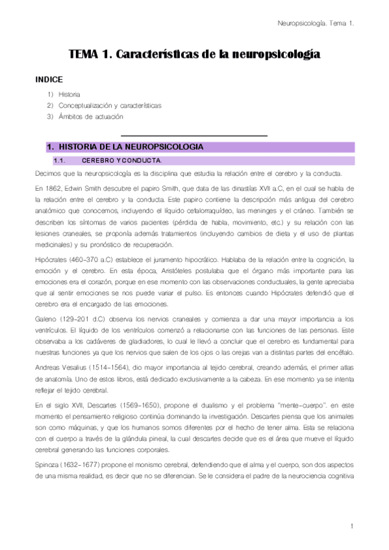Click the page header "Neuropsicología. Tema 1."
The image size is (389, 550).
click(315, 23)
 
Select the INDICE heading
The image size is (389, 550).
click(48, 80)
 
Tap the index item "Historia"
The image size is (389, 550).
click(69, 94)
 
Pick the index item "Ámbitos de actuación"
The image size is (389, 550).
click(90, 116)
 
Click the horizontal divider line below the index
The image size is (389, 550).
click(194, 136)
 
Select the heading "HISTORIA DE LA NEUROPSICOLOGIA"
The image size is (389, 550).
click(126, 147)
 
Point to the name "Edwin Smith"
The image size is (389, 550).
click(85, 187)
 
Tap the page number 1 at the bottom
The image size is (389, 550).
click(351, 525)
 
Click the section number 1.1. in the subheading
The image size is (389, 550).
click(59, 160)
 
